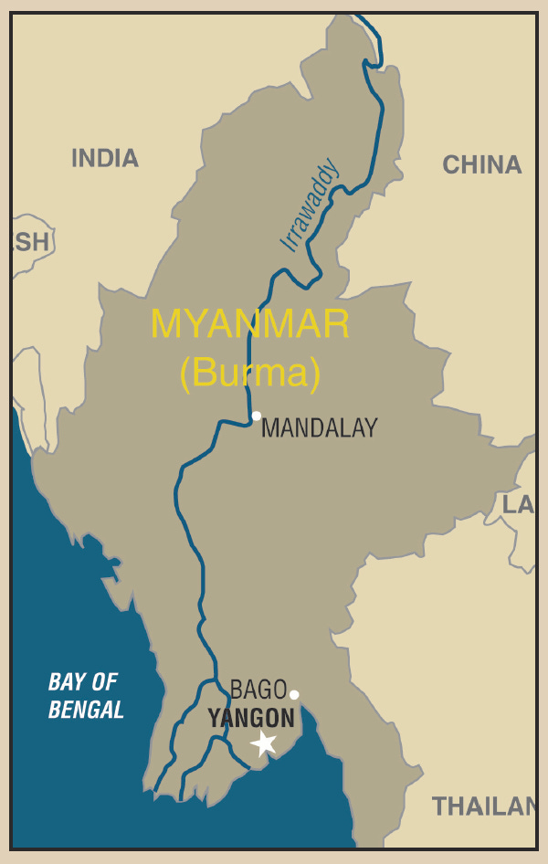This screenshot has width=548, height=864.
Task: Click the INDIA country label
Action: (105, 158)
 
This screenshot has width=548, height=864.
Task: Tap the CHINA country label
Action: (481, 165)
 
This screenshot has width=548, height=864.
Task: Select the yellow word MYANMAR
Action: (250, 325)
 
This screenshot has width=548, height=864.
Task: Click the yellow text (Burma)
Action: (250, 373)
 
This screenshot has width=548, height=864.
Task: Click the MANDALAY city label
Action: (319, 428)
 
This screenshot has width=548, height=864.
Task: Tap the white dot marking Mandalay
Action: (257, 416)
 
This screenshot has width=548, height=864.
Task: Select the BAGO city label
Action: (258, 690)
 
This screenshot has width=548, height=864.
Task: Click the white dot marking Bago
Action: (294, 694)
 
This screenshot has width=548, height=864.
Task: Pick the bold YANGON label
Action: (251, 719)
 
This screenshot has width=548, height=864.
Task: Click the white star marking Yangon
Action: (264, 743)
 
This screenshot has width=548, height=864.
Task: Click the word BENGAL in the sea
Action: (86, 710)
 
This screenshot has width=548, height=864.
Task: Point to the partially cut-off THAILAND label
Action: (484, 806)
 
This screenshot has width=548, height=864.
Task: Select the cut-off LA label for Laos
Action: (518, 504)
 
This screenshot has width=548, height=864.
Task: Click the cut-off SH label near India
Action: (30, 242)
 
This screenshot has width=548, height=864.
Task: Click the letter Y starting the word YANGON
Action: (214, 719)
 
